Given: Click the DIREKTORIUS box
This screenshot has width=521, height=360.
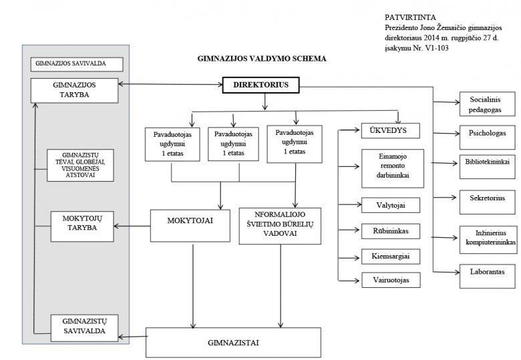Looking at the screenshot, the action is (x=260, y=85).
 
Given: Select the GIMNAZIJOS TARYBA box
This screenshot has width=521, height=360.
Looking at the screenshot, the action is (x=74, y=90).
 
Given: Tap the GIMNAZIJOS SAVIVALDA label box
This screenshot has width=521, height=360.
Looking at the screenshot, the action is (x=77, y=64).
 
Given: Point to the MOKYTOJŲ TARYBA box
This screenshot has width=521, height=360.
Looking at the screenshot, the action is (x=82, y=226).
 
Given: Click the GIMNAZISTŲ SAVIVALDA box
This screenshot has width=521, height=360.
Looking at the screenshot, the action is (x=84, y=328).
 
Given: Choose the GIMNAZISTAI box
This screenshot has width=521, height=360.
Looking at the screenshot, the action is (x=233, y=343).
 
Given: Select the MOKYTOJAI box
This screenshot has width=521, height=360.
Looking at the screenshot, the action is (x=190, y=226).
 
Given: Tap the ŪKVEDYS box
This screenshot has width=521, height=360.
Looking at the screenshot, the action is (x=391, y=130).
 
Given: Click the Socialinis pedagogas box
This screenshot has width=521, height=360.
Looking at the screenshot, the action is (x=487, y=104).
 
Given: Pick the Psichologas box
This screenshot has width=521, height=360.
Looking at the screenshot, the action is (x=487, y=137).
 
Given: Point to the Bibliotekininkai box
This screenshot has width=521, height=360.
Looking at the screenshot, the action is (x=487, y=166).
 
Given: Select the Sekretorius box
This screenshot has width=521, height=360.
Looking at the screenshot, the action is (x=487, y=202).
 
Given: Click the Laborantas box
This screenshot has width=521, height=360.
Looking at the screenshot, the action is (x=487, y=276).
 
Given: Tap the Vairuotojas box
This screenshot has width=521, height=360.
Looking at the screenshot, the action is (x=391, y=280).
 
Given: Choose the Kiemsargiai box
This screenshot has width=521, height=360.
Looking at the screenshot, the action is (x=391, y=256).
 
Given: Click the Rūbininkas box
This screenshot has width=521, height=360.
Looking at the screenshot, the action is (x=391, y=231).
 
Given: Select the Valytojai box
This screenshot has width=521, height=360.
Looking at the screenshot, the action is (x=391, y=205).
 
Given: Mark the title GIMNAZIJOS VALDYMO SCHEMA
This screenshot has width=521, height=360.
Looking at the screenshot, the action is (x=262, y=59).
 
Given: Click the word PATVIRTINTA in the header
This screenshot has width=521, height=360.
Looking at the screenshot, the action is (x=410, y=17).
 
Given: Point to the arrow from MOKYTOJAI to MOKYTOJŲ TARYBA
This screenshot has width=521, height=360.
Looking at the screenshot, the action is (x=132, y=226).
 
